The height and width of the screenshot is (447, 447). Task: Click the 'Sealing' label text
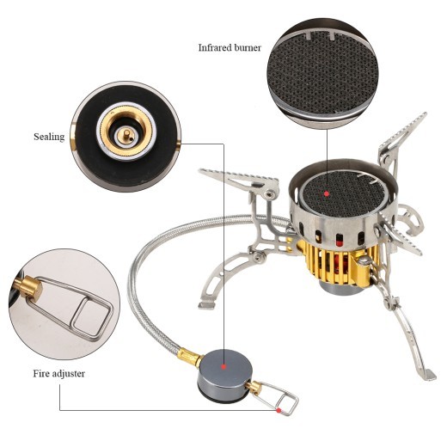pyautogui.click(x=49, y=136)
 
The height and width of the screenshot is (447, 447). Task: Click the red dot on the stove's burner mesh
pyautogui.click(x=328, y=193)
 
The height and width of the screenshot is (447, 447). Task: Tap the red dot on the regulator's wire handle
pyautogui.click(x=279, y=411)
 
